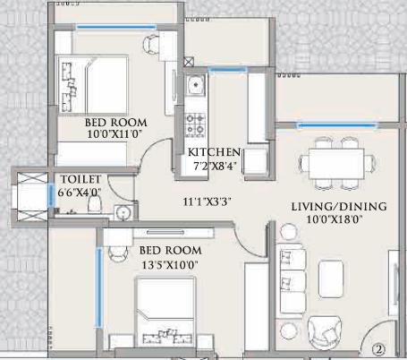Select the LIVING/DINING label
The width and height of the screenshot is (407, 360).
point(338,206)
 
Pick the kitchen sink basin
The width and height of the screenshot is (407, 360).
point(195,88)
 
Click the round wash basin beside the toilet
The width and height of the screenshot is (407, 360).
point(123,211)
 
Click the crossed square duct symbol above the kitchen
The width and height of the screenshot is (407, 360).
point(189,63)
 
